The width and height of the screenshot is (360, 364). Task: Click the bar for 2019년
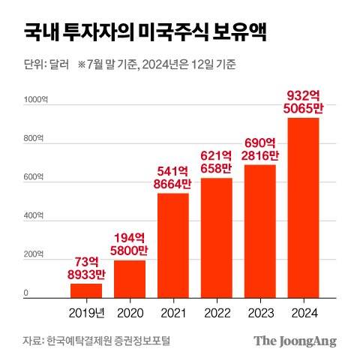tap(86, 290)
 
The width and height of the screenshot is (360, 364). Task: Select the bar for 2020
tap(129, 279)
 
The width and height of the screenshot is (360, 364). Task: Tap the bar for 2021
tap(172, 245)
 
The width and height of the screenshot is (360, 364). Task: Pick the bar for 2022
tap(216, 238)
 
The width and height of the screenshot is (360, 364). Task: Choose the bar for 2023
tap(259, 231)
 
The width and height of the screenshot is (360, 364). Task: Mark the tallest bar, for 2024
tap(303, 208)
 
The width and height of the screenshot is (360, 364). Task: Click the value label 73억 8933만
tap(86, 269)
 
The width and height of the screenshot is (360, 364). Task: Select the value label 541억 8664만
tap(172, 179)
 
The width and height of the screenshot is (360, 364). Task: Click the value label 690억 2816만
tap(259, 149)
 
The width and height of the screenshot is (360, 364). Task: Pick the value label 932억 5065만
tap(303, 103)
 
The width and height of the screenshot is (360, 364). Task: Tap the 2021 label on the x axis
tap(172, 311)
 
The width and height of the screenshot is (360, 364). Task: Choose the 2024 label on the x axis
tap(303, 311)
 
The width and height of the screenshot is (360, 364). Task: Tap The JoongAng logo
tap(294, 341)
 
